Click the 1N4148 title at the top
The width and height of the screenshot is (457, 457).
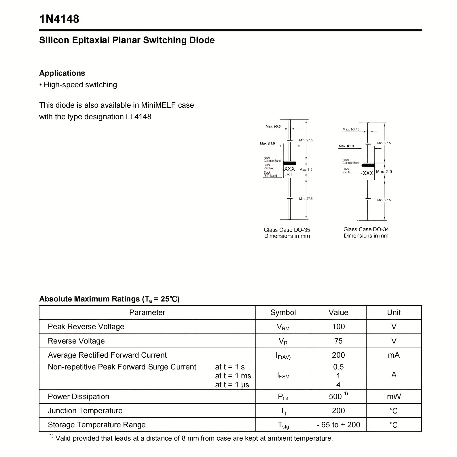(x=59, y=19)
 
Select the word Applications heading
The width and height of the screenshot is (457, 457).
(x=62, y=73)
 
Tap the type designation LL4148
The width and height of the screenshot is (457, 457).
(x=139, y=117)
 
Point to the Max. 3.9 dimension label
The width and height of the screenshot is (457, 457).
(x=306, y=170)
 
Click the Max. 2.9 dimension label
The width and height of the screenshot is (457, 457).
(x=384, y=172)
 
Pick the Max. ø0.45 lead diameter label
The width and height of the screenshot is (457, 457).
(x=351, y=129)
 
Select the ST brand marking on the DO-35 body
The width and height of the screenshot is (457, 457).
(x=289, y=175)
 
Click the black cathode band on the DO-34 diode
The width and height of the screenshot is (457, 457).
(x=368, y=165)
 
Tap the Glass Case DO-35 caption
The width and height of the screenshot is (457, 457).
(x=287, y=230)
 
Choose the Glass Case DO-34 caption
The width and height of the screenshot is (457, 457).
(x=366, y=230)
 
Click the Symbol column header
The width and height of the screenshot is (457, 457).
(x=283, y=312)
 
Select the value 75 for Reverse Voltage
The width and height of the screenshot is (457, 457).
(x=338, y=341)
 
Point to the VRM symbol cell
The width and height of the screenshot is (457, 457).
(x=283, y=327)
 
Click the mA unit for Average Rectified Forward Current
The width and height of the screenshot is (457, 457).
(x=394, y=355)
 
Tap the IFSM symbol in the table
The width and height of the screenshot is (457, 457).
(x=283, y=375)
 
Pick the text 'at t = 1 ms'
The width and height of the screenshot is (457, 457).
(x=233, y=376)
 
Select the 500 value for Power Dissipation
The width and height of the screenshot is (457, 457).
(x=335, y=397)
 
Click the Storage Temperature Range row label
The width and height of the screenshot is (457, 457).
(x=97, y=425)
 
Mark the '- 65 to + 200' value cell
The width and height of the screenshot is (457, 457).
(x=338, y=425)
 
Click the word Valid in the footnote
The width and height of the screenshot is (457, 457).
(x=64, y=438)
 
